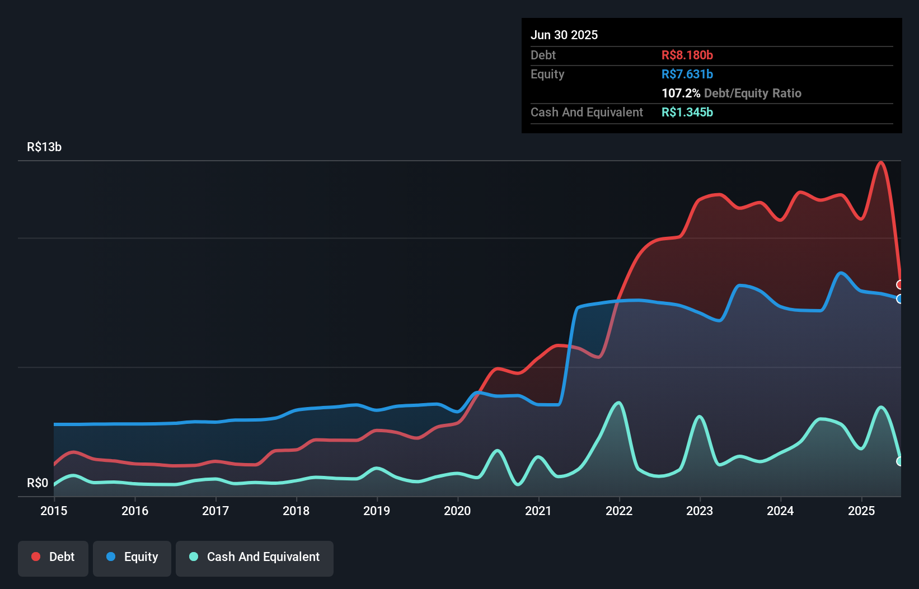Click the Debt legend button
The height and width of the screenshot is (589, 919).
point(53,558)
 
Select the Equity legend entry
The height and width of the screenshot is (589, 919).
point(132,558)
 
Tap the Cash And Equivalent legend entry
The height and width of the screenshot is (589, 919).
point(255,558)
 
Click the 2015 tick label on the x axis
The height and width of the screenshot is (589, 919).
point(54,511)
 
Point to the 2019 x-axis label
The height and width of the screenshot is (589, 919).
point(377,511)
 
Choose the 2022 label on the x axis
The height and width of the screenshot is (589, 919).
point(619,511)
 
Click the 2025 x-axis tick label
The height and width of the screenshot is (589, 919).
point(861,511)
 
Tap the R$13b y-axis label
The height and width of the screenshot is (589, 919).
point(44,147)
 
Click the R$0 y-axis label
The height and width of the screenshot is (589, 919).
point(37,483)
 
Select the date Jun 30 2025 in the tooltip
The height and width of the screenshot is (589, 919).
point(564,35)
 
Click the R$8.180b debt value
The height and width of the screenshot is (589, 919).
point(687,55)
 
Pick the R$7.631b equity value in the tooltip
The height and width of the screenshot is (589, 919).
point(687,74)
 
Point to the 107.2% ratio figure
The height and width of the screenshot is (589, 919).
point(681,94)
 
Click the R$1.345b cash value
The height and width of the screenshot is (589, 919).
point(687,113)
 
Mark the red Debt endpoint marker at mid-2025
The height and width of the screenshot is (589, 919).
point(900,285)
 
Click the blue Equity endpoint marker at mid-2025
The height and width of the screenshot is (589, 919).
point(900,299)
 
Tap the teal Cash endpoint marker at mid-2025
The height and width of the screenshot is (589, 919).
point(900,461)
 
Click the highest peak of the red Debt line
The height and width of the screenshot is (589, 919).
point(881,162)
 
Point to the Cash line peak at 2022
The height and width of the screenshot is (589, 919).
point(618,403)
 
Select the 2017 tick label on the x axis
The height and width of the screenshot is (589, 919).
point(215,511)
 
